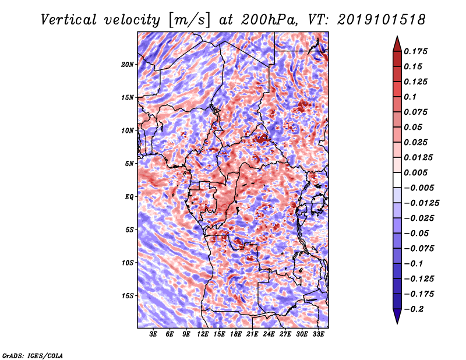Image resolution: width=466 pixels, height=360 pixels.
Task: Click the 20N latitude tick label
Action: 128,64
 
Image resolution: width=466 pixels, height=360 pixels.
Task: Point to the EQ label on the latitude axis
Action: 129,196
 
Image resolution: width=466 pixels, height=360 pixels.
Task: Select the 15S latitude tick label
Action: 128,295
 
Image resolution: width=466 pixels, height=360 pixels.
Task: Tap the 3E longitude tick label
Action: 154,335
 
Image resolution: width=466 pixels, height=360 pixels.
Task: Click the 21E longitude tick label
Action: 252,335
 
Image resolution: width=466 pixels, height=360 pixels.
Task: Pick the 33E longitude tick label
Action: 318,335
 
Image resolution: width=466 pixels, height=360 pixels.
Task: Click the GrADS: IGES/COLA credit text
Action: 33,355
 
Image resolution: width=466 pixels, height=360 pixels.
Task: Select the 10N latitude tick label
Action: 128,130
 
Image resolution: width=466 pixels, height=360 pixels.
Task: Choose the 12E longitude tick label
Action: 203,335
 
